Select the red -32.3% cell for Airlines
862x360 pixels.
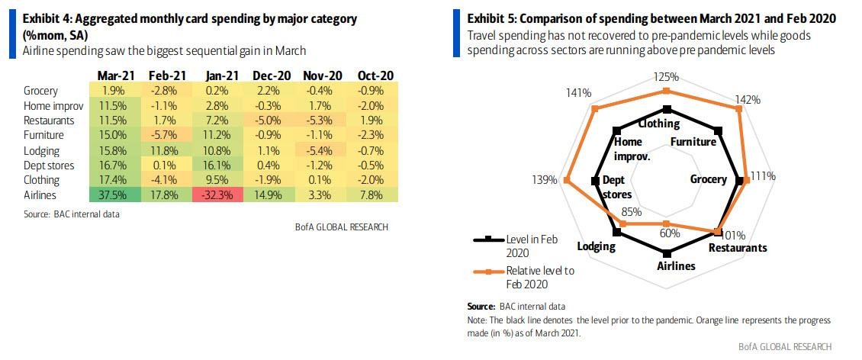tap(223, 194)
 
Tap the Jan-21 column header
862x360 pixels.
tap(223, 76)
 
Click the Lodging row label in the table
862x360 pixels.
tap(41, 151)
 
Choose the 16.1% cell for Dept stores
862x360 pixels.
tap(223, 166)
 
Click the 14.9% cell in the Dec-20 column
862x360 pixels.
tap(271, 194)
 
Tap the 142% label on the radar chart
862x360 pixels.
tap(748, 99)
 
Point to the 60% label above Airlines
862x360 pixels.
tap(669, 233)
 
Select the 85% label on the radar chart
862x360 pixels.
tap(632, 212)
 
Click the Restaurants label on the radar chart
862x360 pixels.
tap(738, 248)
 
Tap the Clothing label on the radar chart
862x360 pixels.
tap(659, 124)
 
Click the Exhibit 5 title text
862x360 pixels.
tap(651, 18)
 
